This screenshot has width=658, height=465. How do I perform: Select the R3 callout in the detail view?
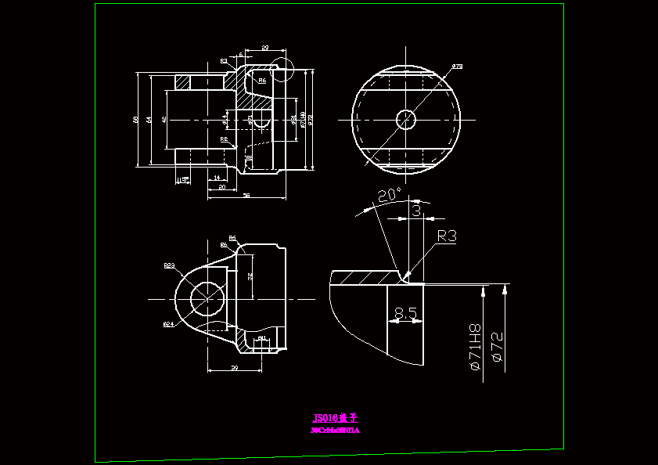(x=447, y=236)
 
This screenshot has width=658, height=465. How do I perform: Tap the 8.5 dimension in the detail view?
(x=405, y=313)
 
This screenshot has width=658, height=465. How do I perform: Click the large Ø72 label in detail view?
(x=497, y=347)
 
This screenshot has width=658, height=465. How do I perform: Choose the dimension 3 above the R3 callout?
(x=416, y=211)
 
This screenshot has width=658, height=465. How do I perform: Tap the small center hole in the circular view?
(x=405, y=120)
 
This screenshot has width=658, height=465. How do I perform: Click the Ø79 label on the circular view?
(x=457, y=67)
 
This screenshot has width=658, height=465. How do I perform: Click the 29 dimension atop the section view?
(x=264, y=49)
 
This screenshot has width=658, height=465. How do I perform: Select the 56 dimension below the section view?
(x=246, y=195)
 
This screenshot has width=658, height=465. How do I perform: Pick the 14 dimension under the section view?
(x=216, y=178)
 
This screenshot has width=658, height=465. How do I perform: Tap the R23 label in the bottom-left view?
(x=169, y=265)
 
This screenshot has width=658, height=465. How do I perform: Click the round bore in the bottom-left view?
(x=207, y=297)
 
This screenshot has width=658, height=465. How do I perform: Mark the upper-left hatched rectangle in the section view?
(x=183, y=81)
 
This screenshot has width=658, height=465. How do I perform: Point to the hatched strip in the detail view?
(x=368, y=277)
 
